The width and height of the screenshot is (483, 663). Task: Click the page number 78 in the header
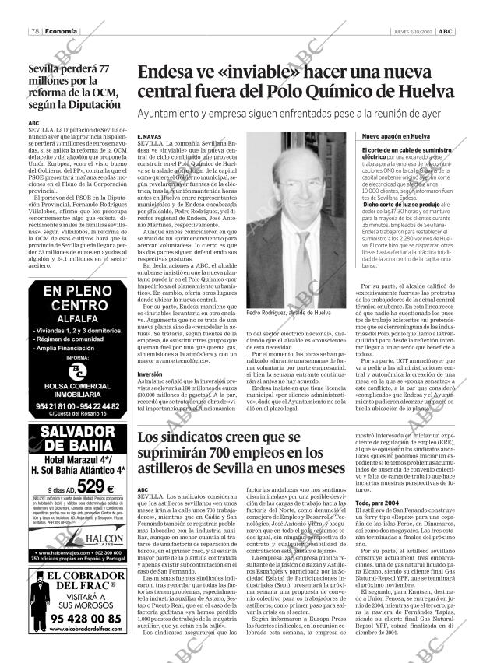(35, 31)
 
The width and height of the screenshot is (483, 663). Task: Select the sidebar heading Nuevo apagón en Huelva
(395, 137)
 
